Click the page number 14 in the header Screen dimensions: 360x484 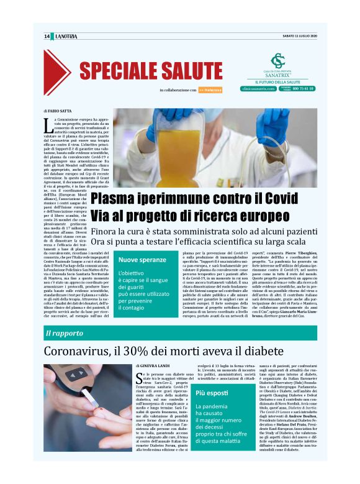[x=47, y=37]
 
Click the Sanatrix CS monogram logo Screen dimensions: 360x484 [x=277, y=61]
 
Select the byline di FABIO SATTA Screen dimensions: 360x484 [x=57, y=111]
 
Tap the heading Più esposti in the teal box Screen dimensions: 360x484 [x=209, y=393]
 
